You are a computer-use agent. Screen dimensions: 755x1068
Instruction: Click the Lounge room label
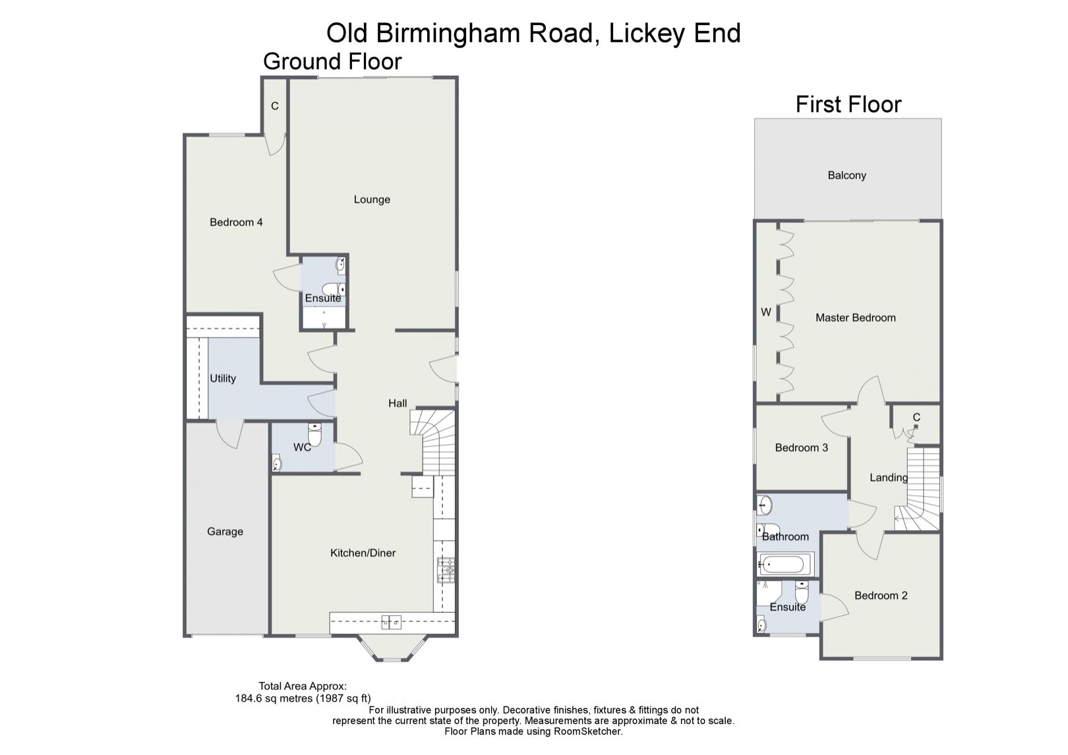(372, 200)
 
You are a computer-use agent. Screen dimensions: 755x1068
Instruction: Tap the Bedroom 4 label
(236, 222)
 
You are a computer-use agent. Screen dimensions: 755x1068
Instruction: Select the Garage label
(225, 531)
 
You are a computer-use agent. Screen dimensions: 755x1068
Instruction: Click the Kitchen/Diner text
(363, 553)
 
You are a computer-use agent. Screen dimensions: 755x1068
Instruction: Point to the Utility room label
(223, 378)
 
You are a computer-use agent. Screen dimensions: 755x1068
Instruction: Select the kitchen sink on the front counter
(392, 621)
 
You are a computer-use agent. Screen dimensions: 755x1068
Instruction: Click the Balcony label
(846, 175)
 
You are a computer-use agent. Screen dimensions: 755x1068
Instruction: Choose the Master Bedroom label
(855, 318)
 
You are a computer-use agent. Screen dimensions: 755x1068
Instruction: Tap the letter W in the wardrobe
(766, 313)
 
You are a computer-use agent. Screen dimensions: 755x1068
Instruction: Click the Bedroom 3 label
(801, 448)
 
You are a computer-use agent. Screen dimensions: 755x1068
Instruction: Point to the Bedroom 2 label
(881, 596)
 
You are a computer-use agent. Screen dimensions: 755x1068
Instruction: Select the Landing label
(888, 478)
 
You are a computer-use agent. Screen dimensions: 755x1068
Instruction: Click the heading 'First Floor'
(848, 105)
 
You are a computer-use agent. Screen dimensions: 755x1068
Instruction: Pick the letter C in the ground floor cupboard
(275, 106)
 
